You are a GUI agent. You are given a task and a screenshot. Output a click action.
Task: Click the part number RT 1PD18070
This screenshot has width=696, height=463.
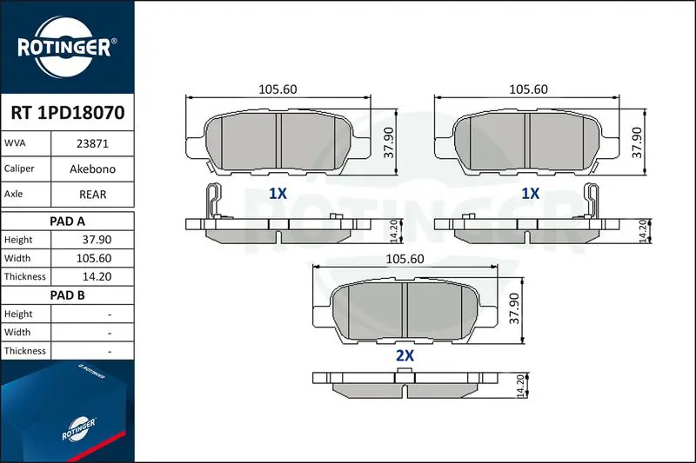68,113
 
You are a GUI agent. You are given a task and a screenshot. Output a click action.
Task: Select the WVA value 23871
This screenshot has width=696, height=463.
92,143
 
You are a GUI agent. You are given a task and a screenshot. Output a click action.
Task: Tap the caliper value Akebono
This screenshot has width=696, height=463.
92,169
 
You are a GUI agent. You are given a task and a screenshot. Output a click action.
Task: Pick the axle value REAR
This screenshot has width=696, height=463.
92,195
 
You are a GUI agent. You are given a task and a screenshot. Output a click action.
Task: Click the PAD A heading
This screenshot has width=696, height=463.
67,222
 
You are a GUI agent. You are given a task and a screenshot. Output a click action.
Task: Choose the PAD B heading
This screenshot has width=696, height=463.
67,295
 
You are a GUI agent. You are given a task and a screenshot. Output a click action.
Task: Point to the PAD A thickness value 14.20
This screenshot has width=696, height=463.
97,276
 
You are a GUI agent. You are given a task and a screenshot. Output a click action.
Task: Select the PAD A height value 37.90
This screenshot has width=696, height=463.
97,240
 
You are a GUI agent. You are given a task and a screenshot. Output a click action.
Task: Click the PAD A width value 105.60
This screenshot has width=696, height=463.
94,258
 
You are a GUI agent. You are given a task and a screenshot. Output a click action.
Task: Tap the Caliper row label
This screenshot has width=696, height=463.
19,169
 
